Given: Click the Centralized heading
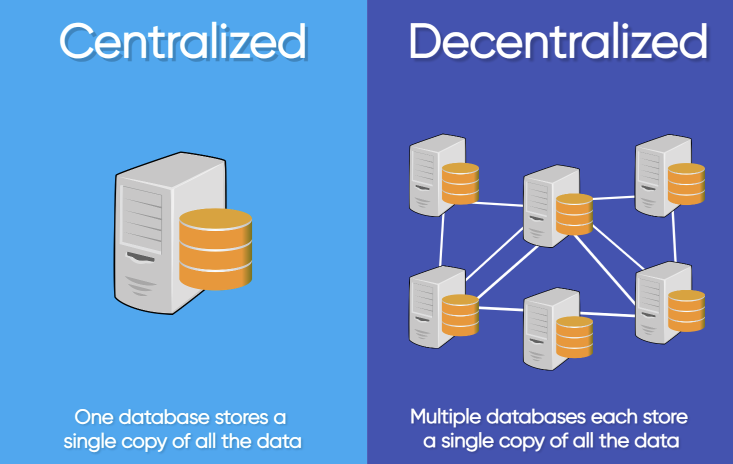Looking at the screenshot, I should pyautogui.click(x=183, y=42).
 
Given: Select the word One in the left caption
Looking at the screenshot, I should pyautogui.click(x=93, y=417).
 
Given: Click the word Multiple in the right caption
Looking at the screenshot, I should pyautogui.click(x=446, y=417).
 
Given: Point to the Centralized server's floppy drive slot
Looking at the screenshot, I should pyautogui.click(x=140, y=257).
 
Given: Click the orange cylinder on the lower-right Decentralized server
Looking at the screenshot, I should pyautogui.click(x=687, y=310).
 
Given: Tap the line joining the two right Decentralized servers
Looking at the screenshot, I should pyautogui.click(x=674, y=237).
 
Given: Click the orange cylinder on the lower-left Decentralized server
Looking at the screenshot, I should pyautogui.click(x=460, y=315).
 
